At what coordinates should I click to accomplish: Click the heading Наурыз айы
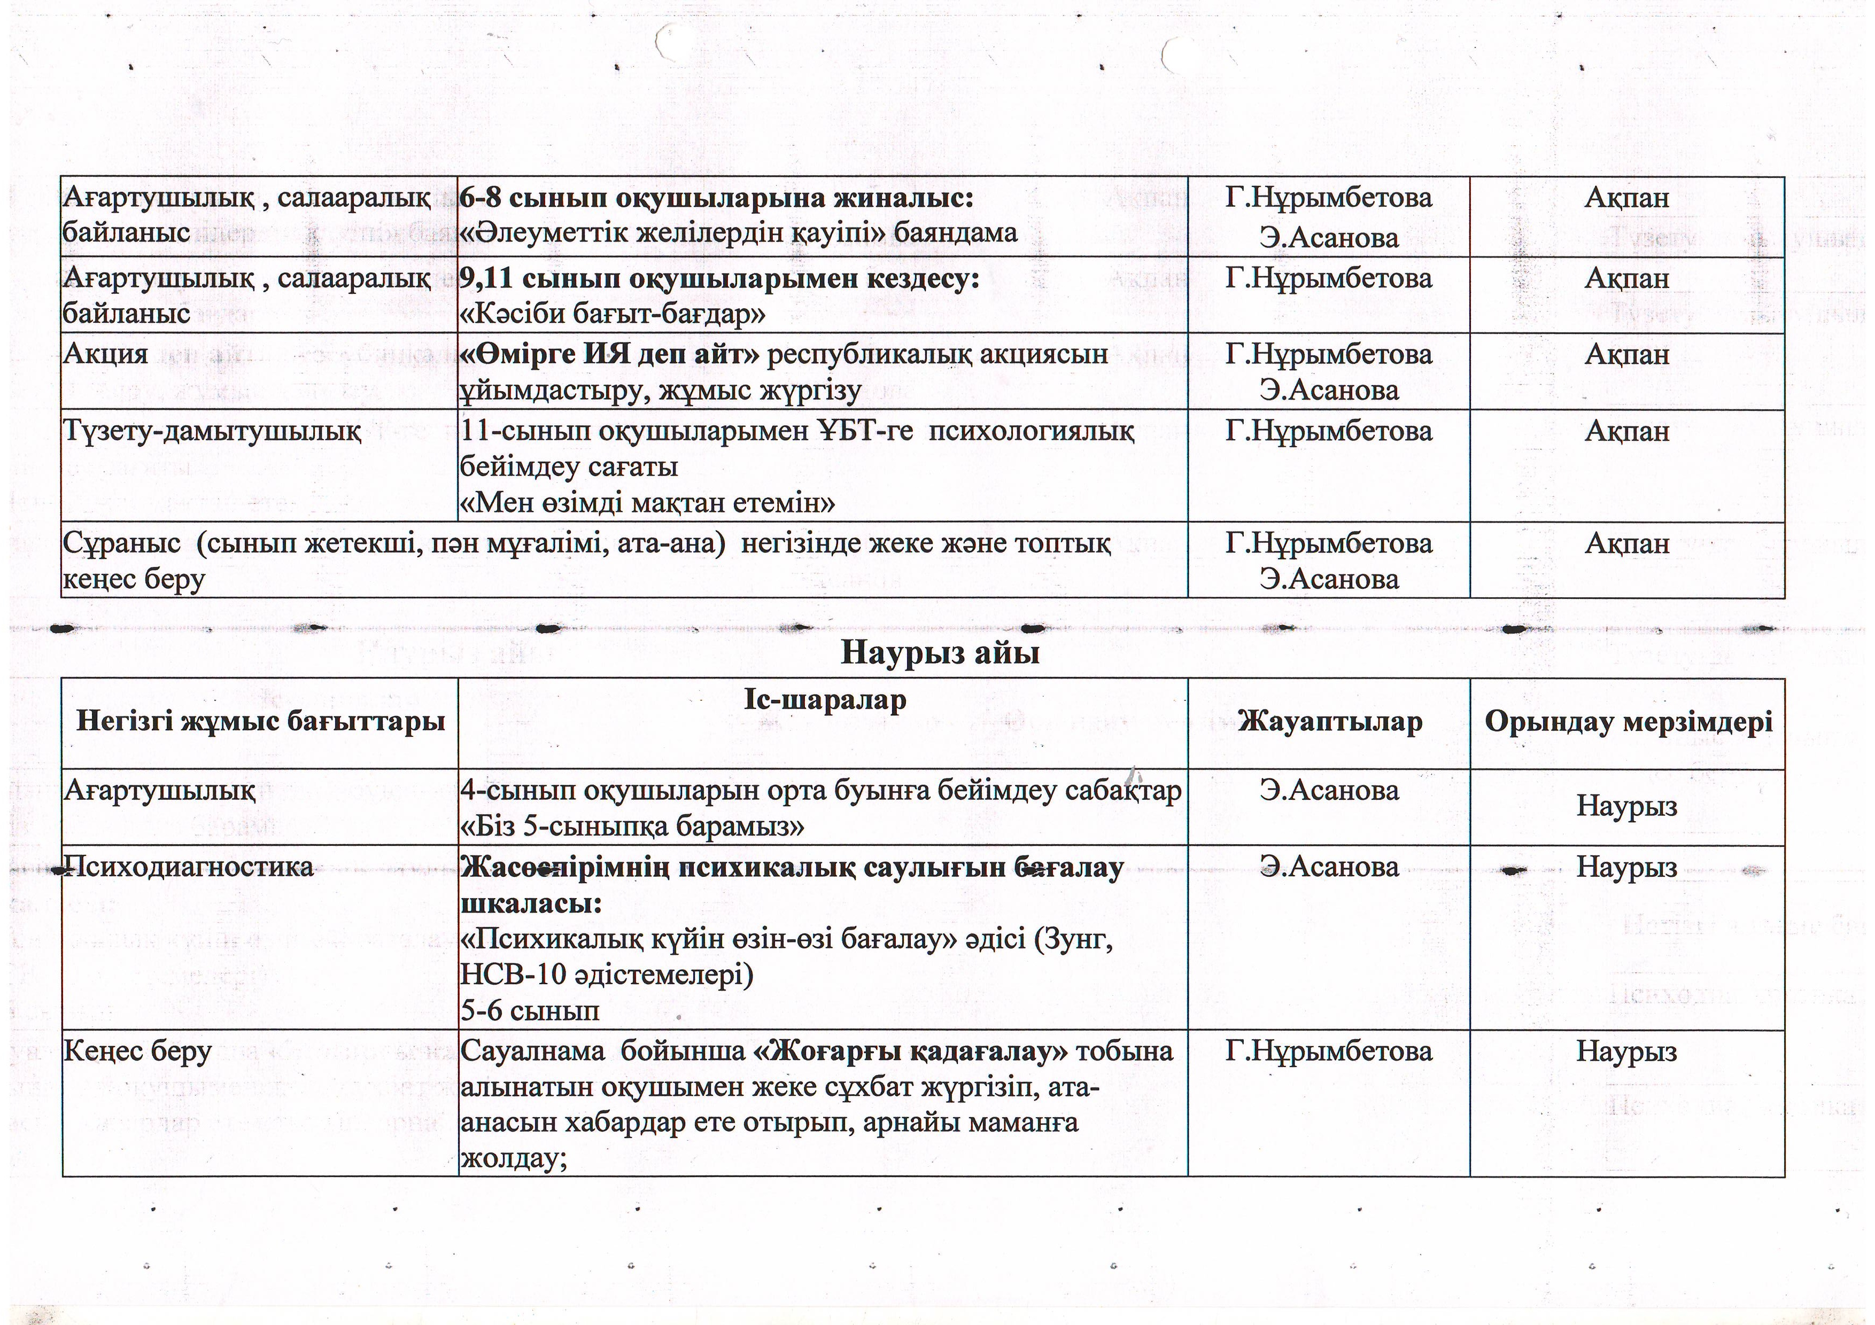[939, 653]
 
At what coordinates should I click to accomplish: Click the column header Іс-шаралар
[824, 700]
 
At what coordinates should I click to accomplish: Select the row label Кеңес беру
[138, 1051]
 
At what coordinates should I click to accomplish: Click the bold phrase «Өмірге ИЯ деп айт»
[610, 354]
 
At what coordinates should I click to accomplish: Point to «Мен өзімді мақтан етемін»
[648, 503]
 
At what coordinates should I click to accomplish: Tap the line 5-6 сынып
[530, 1011]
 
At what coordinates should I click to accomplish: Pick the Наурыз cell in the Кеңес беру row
[1627, 1051]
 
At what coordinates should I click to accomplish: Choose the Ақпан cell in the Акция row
[1627, 354]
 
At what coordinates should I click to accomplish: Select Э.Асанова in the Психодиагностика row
[1329, 866]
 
